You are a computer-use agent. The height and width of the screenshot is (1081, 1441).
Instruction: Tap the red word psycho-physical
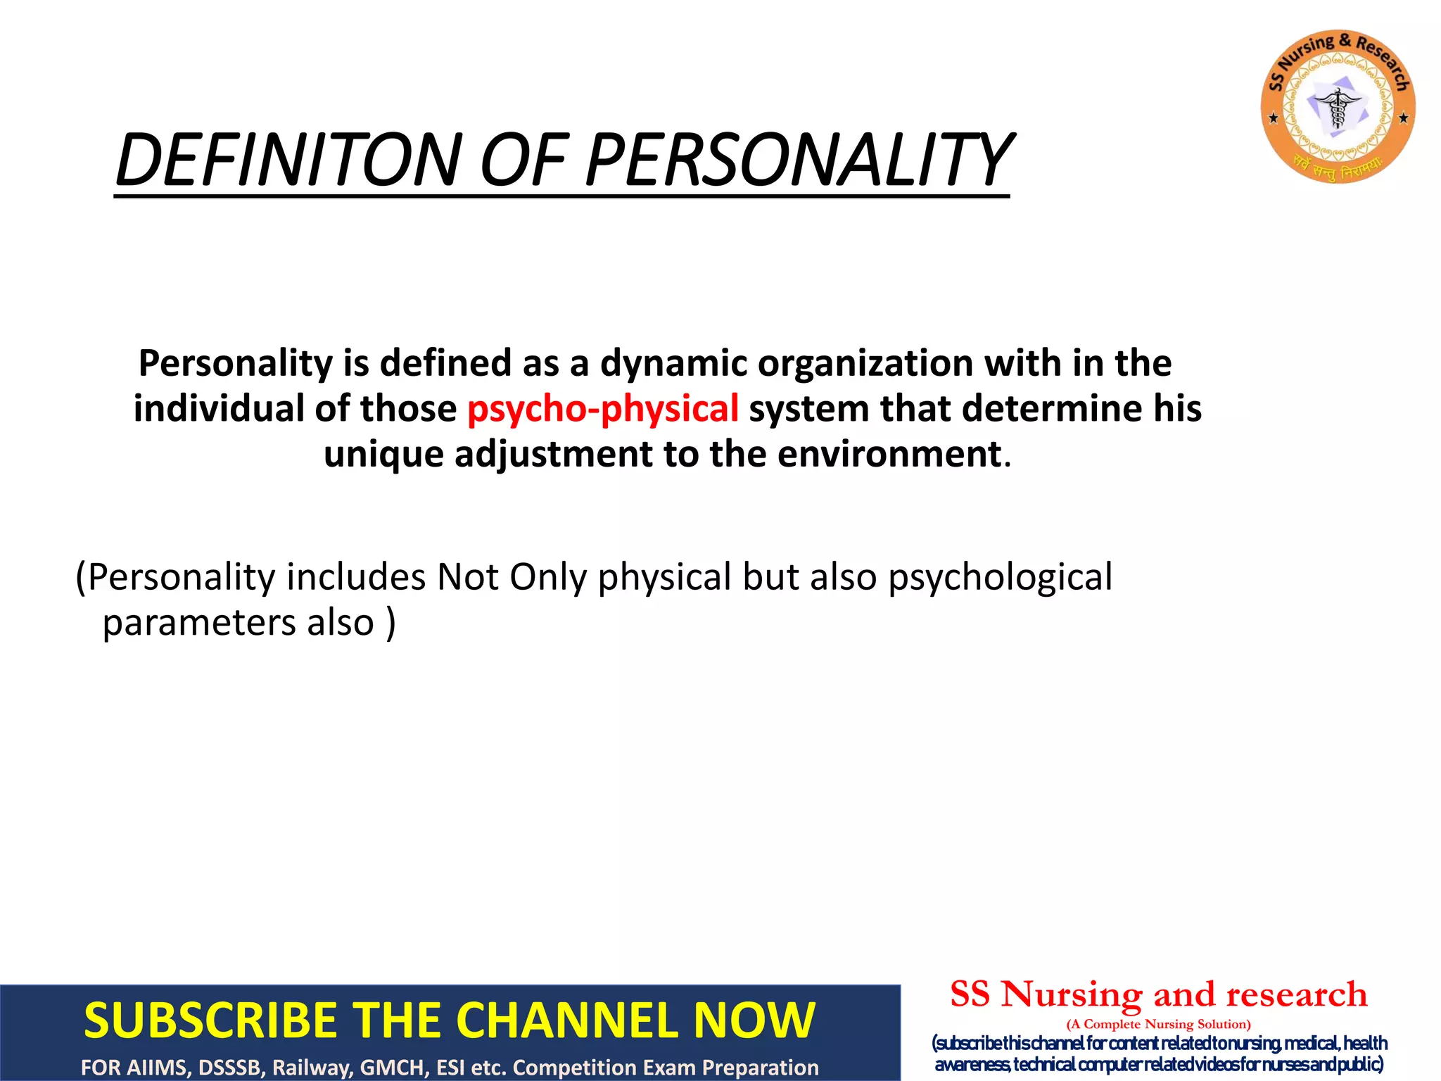[603, 409]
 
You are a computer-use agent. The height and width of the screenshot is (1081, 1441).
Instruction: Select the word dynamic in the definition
[673, 364]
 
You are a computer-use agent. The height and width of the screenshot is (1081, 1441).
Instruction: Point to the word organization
[865, 364]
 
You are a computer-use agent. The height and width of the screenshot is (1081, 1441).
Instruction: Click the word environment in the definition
[889, 454]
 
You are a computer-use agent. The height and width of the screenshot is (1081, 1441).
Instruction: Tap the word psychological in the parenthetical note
[1000, 578]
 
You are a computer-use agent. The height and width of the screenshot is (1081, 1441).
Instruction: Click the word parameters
[199, 623]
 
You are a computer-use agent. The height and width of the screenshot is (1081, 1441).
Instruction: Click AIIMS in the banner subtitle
[160, 1068]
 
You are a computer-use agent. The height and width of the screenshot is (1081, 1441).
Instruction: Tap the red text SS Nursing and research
[1158, 994]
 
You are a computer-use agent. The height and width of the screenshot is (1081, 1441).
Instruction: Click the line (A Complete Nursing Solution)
[1158, 1024]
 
